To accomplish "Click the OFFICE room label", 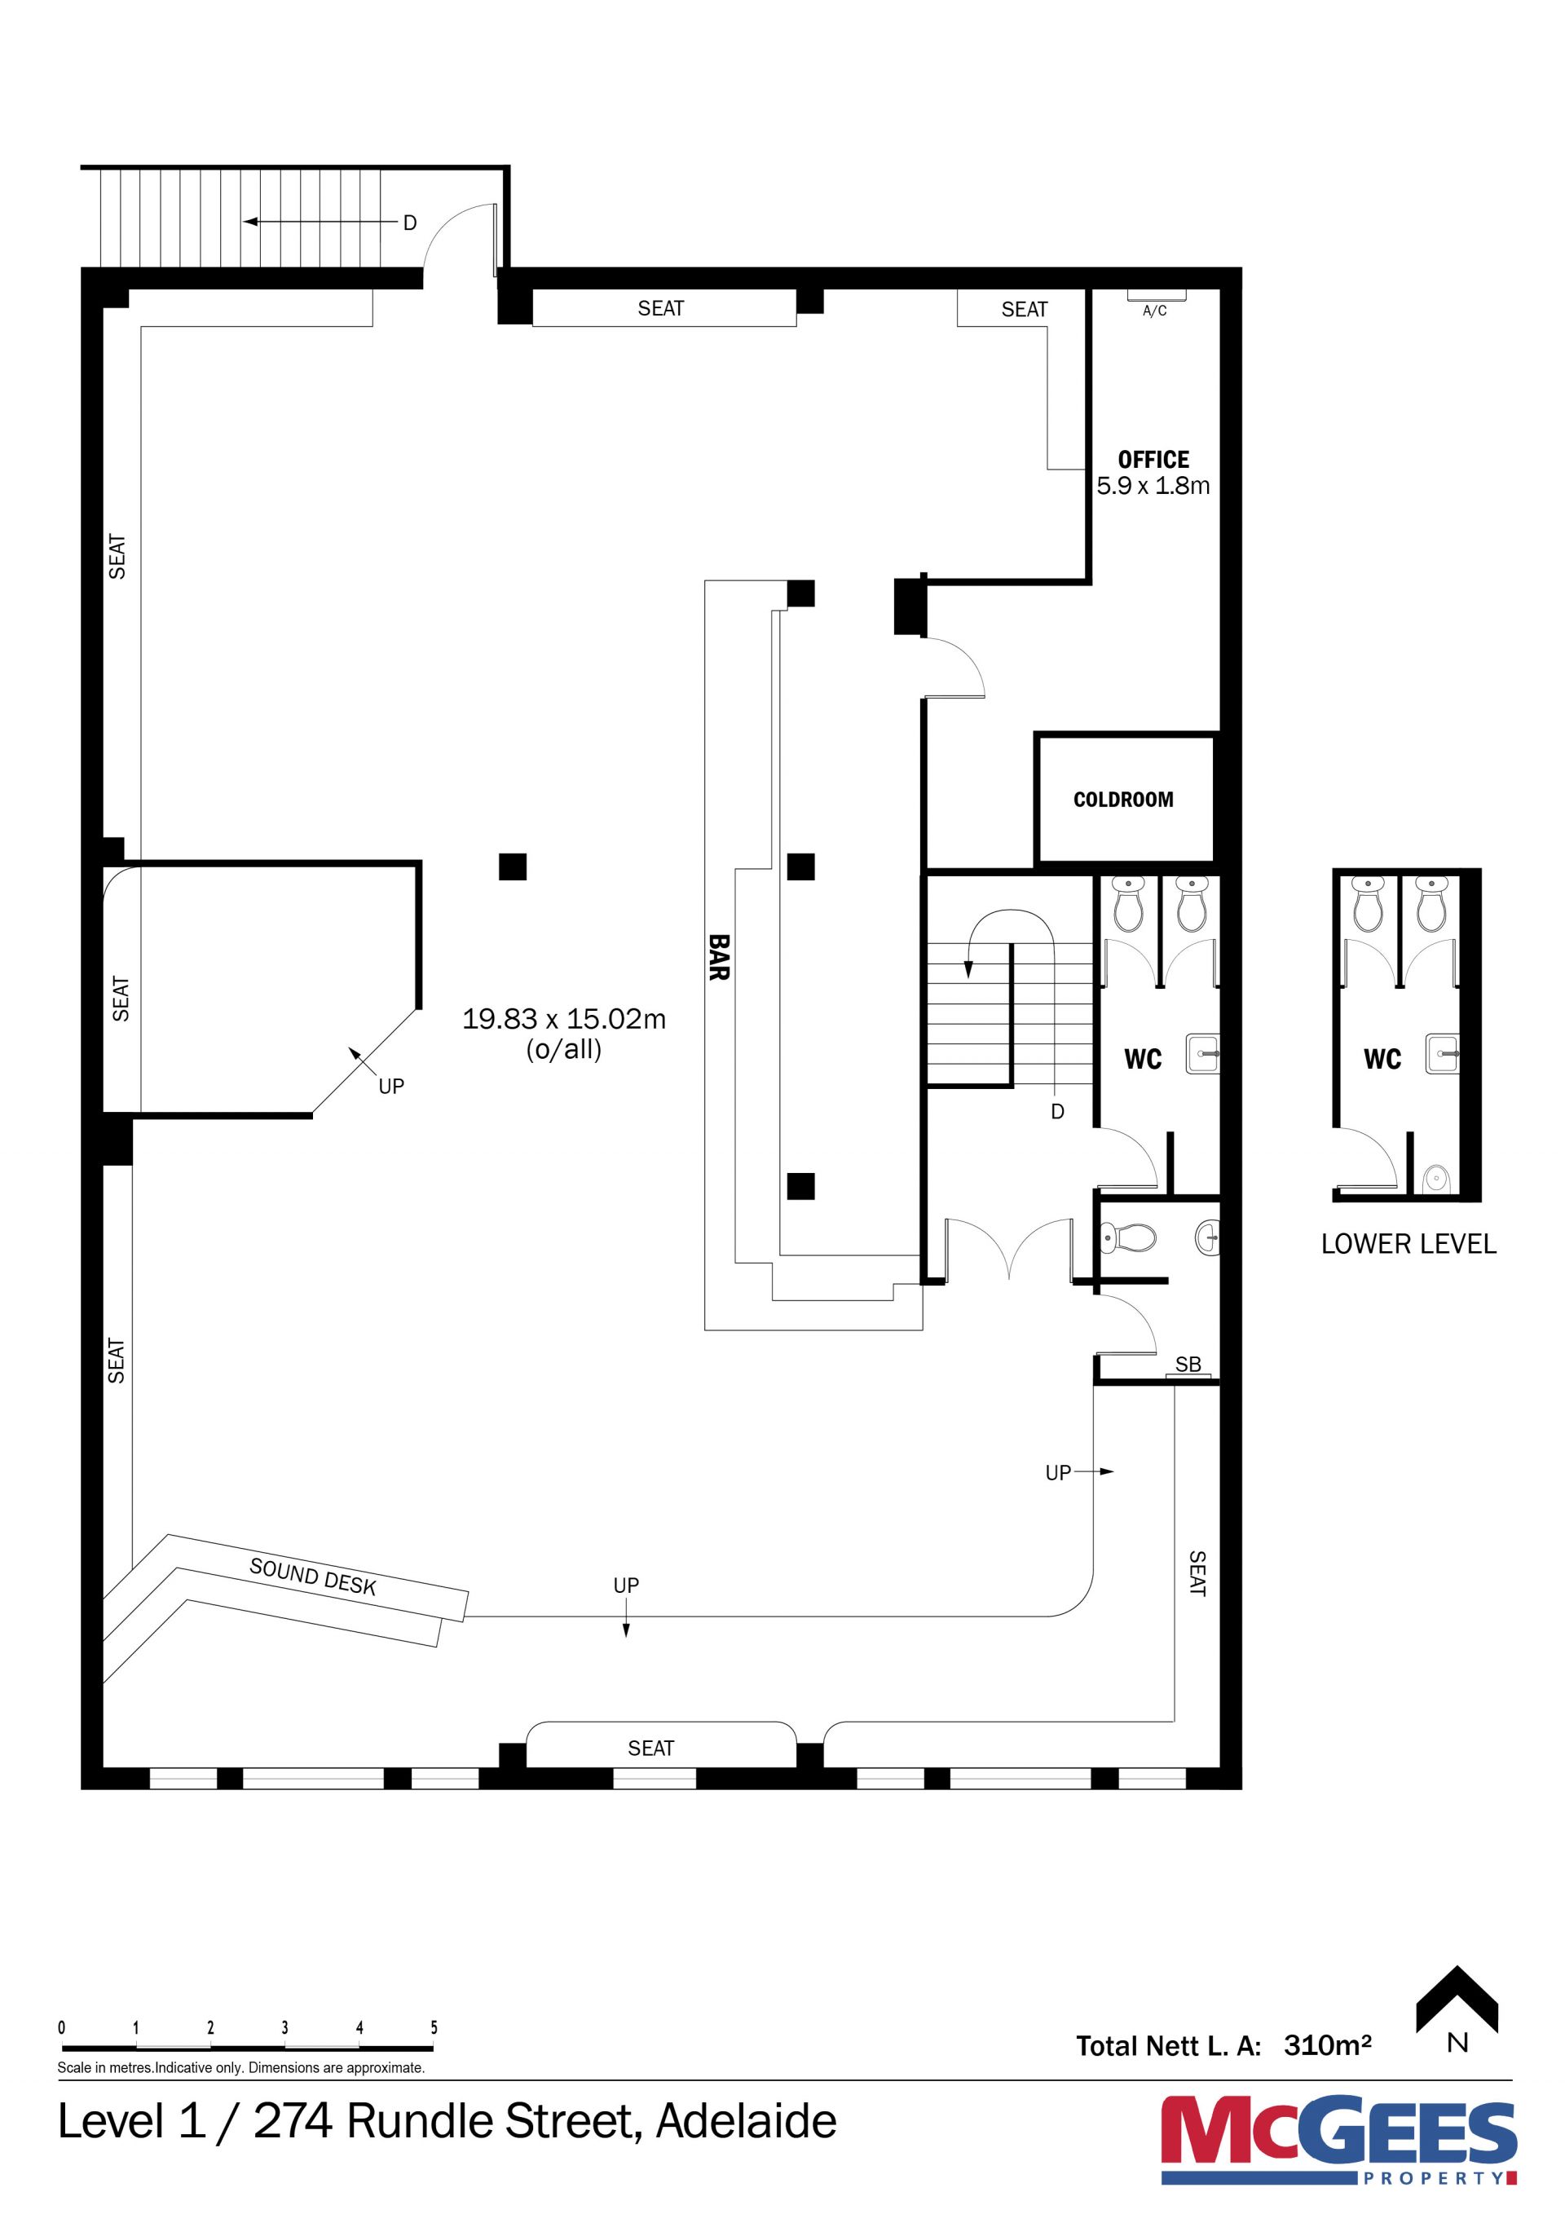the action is (1153, 459).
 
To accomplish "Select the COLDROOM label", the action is (1123, 800).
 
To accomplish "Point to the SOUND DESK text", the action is (312, 1577).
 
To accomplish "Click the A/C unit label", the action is (1154, 311).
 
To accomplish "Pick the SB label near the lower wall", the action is (1188, 1365).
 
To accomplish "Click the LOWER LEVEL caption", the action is (1408, 1244).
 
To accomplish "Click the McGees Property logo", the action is (1338, 2140).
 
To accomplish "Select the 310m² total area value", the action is (1327, 2044).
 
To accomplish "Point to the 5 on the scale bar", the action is (434, 2027).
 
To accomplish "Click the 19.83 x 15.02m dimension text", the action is (564, 1018).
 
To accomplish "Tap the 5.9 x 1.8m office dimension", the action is (1153, 486).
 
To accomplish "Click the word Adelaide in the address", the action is (747, 2121).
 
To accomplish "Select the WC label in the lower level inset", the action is (1382, 1059).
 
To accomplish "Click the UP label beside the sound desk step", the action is (626, 1586).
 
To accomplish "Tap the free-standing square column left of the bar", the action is (513, 867).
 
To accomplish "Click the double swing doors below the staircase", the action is (1008, 1250).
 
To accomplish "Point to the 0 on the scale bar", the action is (62, 2027).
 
